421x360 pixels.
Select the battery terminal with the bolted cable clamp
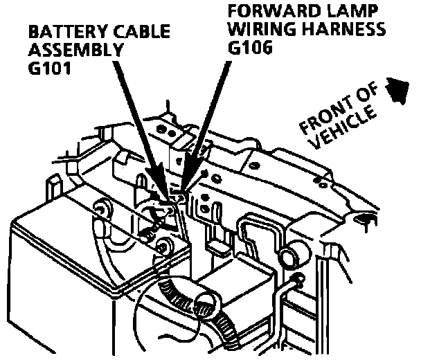164,245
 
